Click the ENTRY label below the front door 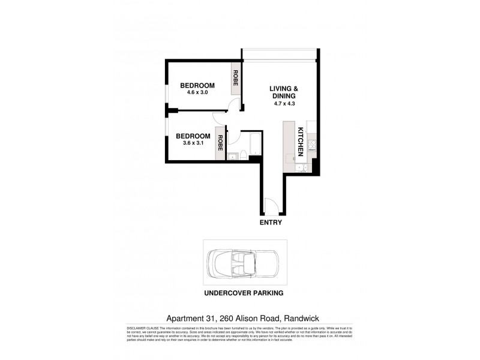point(271,222)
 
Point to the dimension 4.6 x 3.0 point(197,92)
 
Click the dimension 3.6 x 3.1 point(194,143)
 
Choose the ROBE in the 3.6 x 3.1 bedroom point(221,142)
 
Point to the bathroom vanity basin point(232,157)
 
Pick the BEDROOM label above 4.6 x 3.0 point(197,85)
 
